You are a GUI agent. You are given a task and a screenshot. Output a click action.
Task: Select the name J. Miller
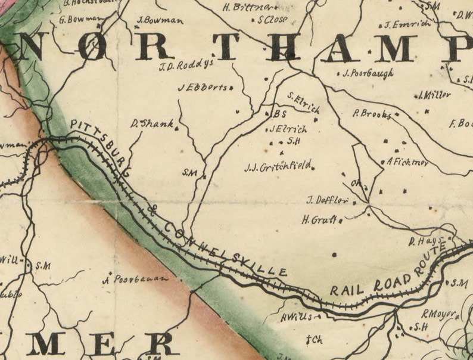tap(434, 94)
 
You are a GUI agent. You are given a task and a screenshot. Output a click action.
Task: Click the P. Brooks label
tap(372, 113)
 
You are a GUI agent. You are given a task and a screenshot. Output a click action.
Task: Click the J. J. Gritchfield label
tap(278, 167)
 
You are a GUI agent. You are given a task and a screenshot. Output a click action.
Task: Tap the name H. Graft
tap(320, 220)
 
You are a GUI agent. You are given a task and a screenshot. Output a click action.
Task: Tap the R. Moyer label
tap(438, 314)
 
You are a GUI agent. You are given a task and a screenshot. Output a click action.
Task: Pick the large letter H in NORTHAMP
tap(284, 46)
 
